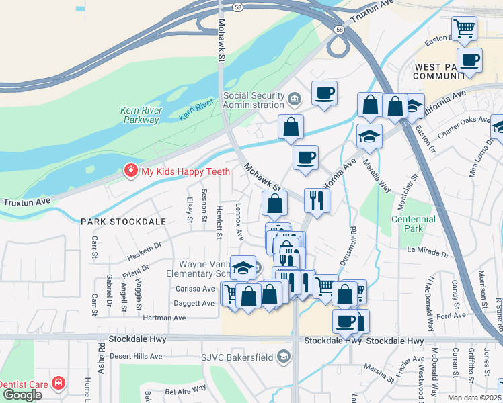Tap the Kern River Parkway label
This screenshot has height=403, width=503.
[140, 115]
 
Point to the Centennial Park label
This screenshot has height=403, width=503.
[408, 224]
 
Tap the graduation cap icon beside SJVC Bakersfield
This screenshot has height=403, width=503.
[284, 356]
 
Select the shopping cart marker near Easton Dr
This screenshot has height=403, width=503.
[464, 29]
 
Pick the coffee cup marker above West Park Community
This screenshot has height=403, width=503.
[469, 60]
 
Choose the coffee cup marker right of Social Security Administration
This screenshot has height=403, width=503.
[324, 93]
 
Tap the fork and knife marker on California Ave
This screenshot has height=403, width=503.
[316, 199]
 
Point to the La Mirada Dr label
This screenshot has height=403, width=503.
[428, 253]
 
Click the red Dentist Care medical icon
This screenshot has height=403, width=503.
[59, 384]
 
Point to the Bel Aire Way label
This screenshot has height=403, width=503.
[185, 389]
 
